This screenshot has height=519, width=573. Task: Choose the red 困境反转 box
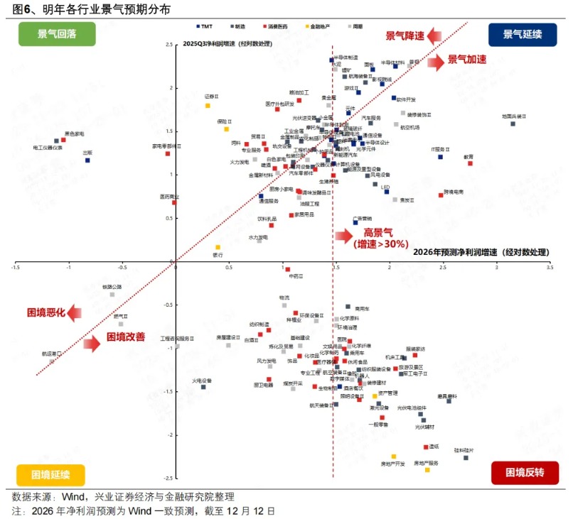pos(525,472)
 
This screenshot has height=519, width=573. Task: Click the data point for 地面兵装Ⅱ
pos(513,124)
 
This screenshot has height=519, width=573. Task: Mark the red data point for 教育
pos(470,163)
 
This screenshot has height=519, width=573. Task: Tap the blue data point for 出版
pos(87,160)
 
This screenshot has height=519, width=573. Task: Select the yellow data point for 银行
pos(218,247)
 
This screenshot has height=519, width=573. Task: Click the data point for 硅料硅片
pos(466,458)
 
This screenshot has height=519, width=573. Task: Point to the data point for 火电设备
pos(203,387)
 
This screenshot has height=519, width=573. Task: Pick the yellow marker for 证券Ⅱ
pos(208,105)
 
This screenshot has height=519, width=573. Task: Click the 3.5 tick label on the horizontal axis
pos(549,268)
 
